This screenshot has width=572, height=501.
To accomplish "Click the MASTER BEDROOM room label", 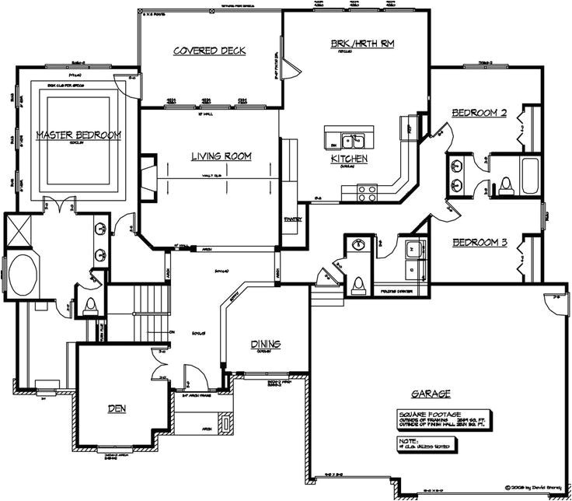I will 78,135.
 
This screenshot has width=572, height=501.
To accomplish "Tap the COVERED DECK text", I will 209,51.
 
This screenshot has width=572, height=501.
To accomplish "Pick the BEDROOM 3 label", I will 480,243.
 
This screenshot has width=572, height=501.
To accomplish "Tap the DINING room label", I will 265,345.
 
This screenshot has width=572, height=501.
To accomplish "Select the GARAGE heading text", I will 428,394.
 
